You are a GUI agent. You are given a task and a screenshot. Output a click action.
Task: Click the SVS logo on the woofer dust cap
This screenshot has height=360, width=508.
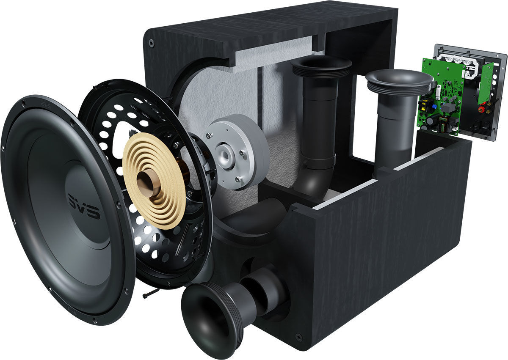click(x=84, y=206)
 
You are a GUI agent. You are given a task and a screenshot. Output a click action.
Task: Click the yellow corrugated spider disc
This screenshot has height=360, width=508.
click(x=154, y=181)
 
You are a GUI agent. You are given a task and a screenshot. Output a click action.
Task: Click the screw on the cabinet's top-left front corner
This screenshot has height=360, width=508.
click(x=152, y=42)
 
